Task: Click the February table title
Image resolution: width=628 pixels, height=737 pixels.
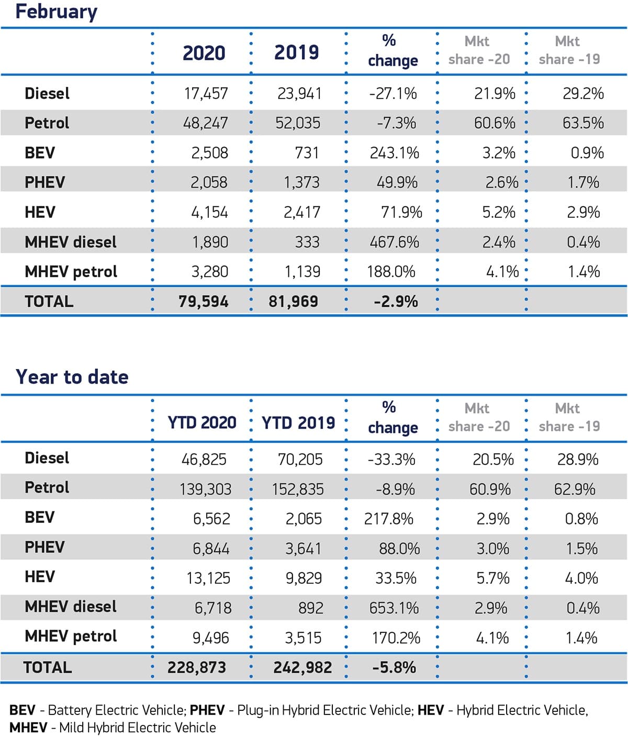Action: point(56,12)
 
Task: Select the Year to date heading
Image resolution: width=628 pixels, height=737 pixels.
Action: point(72,377)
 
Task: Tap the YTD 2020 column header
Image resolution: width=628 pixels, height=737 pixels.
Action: point(202,422)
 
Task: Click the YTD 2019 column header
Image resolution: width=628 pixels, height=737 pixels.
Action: point(298,422)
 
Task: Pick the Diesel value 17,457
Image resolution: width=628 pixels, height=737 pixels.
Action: point(206,94)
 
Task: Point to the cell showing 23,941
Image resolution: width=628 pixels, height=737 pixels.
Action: point(299,94)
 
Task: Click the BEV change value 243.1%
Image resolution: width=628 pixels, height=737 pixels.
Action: point(394,153)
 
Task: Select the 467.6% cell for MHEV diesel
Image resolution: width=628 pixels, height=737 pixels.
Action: point(394,242)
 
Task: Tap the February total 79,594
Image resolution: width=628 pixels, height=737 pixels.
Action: point(203,301)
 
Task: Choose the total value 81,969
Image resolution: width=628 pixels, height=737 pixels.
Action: point(293,301)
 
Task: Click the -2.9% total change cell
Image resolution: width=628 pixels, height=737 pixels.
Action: point(396,301)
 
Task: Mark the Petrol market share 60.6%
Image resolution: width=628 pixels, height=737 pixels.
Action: point(495,123)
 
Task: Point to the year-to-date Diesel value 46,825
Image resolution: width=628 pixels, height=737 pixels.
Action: point(204,460)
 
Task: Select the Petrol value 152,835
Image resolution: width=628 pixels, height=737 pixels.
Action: point(298,489)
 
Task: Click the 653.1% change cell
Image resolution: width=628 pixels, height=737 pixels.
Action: point(394,608)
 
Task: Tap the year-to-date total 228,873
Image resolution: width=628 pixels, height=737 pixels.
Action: point(197,667)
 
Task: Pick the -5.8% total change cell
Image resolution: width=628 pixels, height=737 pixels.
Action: point(394,667)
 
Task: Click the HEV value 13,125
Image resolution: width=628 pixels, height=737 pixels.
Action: point(208,578)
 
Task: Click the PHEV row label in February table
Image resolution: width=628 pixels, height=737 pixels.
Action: point(45,182)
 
